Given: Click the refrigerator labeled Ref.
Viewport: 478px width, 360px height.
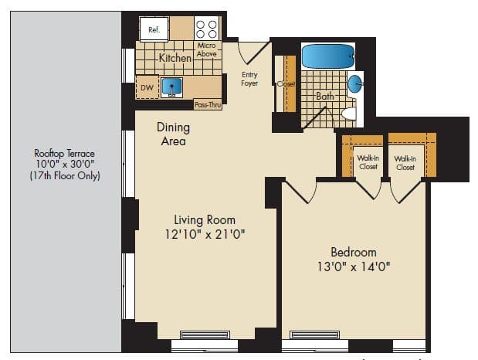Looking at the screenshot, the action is point(154,29).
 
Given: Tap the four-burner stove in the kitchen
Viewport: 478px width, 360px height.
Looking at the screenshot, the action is point(206,29).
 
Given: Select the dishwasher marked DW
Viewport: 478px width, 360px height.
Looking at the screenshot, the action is point(147,87).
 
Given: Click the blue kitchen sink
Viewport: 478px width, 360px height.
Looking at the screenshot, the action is point(172,87).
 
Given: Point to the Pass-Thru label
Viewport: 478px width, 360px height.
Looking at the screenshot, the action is point(208,105).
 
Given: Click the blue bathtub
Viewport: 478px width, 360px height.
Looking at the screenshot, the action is point(328,56).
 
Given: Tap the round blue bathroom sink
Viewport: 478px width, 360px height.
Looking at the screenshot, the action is point(355,84).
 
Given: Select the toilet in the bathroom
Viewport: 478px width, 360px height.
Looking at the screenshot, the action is point(349,114).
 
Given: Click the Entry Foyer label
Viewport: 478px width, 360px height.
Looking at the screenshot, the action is point(249,79).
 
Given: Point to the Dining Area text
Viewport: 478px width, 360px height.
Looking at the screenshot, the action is point(173,134).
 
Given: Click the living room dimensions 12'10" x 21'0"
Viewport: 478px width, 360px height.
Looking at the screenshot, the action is point(205,234).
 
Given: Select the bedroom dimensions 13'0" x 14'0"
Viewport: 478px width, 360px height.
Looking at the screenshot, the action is point(354,267).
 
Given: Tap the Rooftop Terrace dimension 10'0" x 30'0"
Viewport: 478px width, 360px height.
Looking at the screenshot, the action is point(65,164).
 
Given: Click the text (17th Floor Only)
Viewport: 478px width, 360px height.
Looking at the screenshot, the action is point(65,175).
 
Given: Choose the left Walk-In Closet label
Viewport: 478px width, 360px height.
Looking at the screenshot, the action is point(368,162).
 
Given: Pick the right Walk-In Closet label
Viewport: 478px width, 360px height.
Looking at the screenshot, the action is point(405,163).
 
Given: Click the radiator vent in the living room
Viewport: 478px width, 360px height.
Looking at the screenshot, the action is point(205,335).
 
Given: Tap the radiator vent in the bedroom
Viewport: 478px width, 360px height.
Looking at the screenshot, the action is point(314,335).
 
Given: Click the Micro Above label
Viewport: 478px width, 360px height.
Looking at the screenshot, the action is point(206,49).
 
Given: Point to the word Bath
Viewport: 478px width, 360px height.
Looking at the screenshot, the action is point(325,96).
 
